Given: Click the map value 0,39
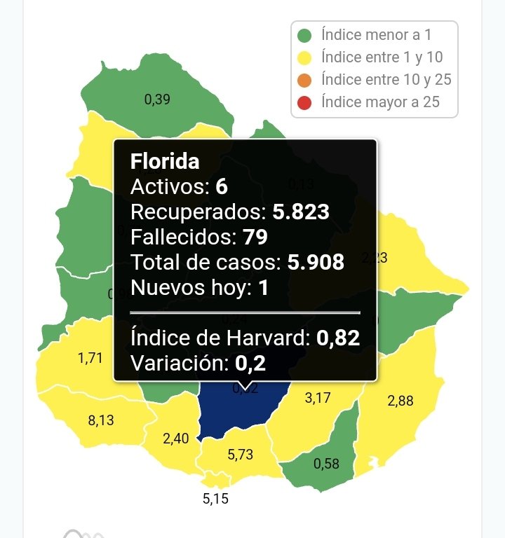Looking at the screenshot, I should (157, 99).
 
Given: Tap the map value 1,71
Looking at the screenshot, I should (90, 359).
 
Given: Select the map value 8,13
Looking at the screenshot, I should (101, 421).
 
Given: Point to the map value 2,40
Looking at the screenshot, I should (175, 439).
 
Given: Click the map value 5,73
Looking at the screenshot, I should (241, 455).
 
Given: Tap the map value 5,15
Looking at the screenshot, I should (215, 499).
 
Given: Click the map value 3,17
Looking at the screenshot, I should (318, 399).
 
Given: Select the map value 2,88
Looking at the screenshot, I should (400, 401).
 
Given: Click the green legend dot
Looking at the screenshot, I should (304, 35).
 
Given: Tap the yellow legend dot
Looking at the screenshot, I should (304, 57).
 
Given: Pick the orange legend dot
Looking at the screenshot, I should (304, 80).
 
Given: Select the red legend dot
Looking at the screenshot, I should (304, 103).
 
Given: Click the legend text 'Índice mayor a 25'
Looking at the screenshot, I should (381, 102).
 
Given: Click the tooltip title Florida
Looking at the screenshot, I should (165, 161).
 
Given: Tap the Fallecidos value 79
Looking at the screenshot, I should (255, 237).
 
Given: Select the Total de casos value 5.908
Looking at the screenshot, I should (316, 262).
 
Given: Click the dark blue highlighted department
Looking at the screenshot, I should (238, 413).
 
